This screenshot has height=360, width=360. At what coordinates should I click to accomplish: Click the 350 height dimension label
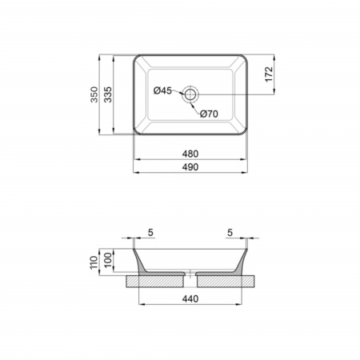94,94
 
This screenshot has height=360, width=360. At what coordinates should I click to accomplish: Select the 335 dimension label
108,94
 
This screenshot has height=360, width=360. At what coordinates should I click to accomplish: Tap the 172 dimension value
269,74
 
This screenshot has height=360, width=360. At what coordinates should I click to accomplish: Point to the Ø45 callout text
162,90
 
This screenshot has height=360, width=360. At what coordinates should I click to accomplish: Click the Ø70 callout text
209,114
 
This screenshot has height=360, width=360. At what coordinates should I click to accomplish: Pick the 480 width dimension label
190,154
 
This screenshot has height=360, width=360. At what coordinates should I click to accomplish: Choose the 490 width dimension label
190,167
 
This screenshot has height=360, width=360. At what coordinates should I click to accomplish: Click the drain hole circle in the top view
190,94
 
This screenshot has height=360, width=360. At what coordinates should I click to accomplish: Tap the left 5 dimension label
150,233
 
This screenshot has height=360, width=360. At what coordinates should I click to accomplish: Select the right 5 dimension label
230,233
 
